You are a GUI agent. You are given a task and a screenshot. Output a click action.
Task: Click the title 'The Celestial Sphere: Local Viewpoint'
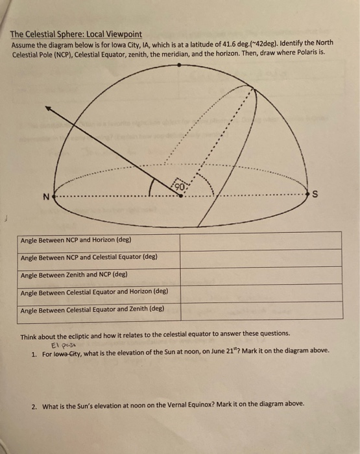(77, 34)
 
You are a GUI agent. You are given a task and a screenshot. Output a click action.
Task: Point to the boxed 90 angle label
(182, 184)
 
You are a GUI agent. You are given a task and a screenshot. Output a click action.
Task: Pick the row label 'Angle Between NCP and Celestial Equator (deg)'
(90, 257)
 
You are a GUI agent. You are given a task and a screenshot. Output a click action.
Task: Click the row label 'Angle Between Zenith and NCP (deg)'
(74, 274)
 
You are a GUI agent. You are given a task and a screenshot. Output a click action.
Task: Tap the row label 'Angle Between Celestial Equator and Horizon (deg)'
(95, 292)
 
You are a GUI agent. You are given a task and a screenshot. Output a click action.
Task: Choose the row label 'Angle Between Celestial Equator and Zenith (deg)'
(92, 309)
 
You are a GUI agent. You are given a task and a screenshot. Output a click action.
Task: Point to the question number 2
(33, 407)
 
